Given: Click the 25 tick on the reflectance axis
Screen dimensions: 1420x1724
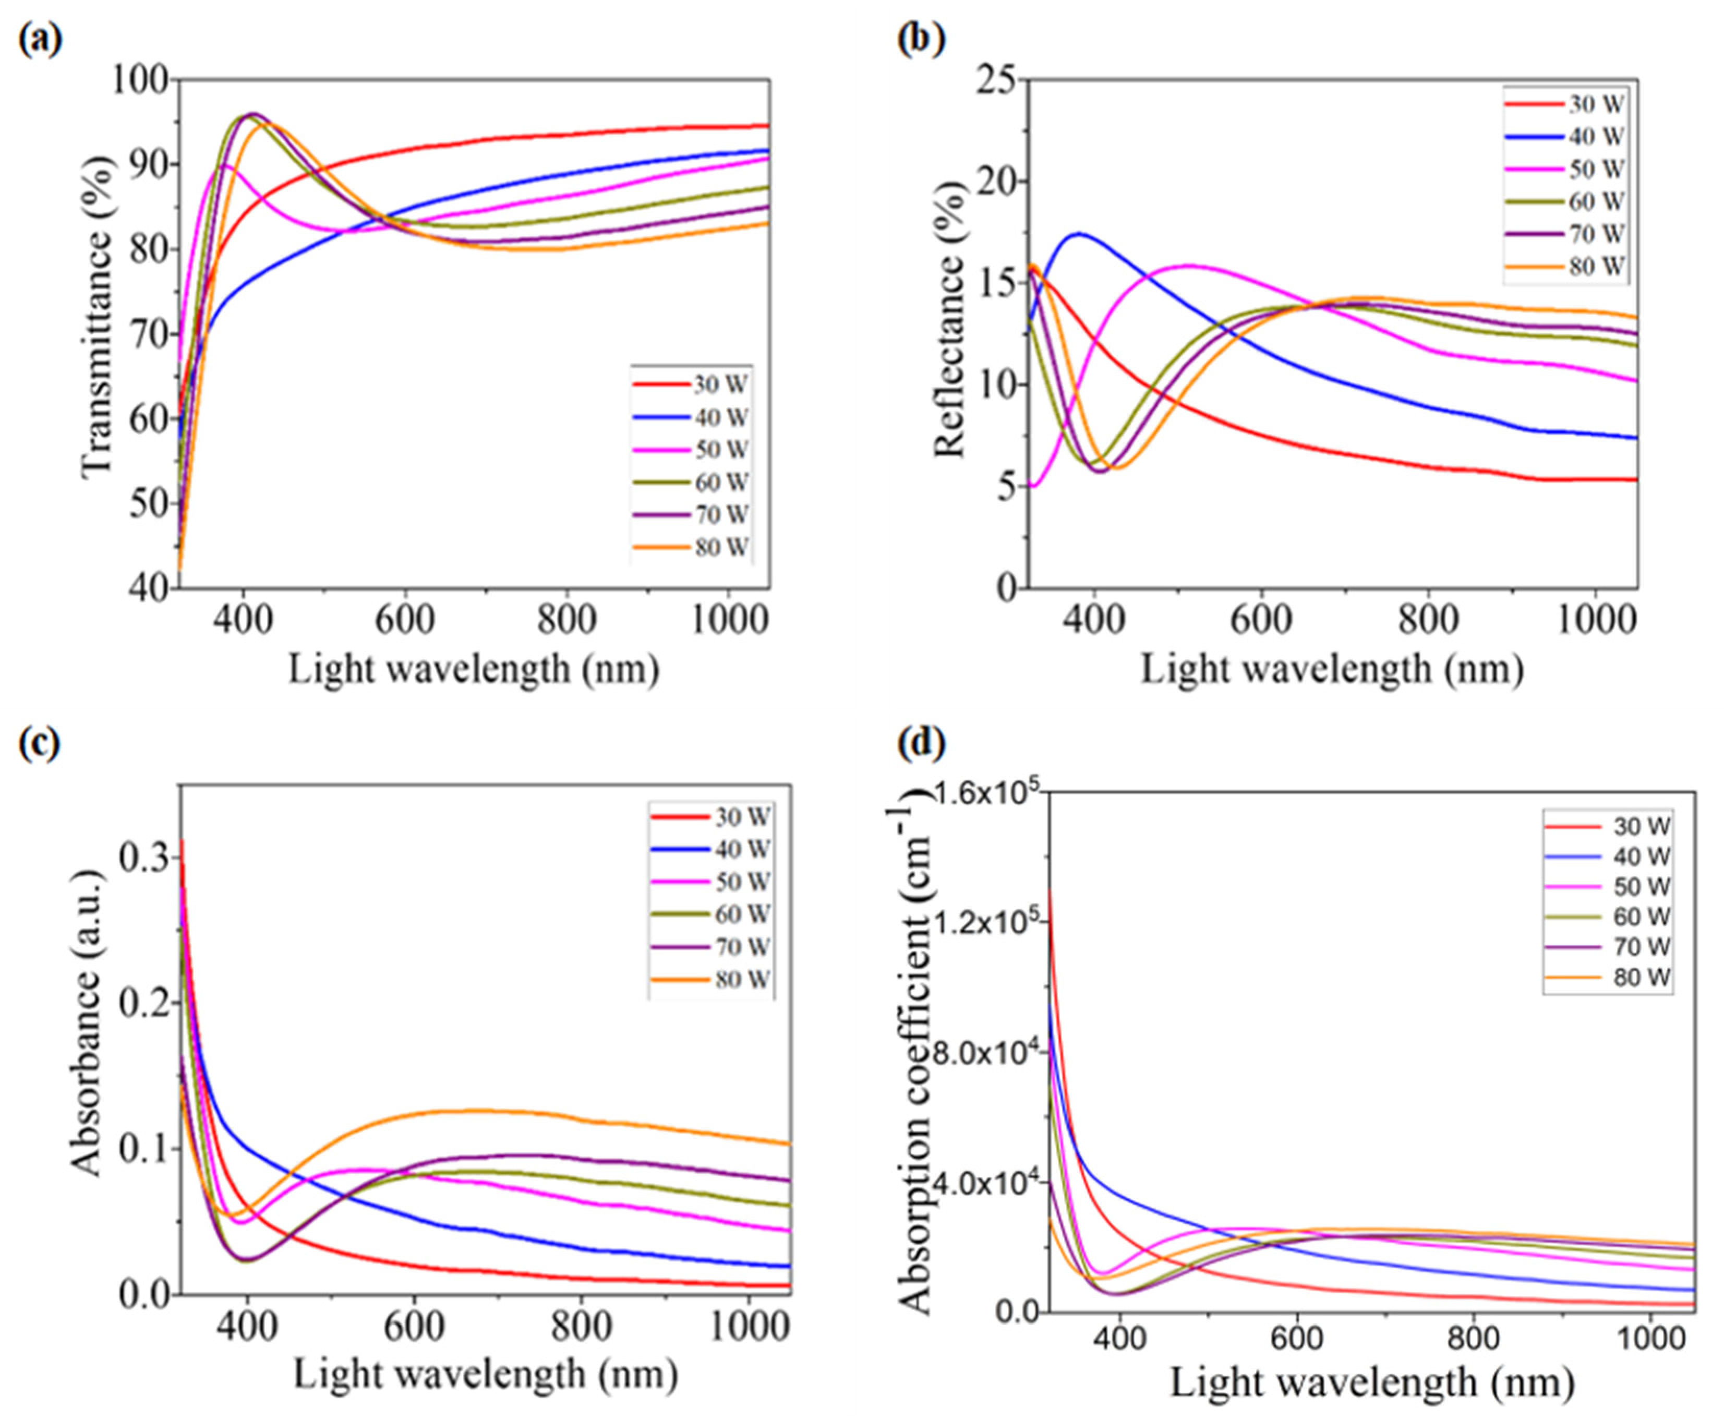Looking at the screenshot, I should [x=994, y=80].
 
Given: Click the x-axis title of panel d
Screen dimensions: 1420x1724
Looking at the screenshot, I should [x=1371, y=1383].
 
